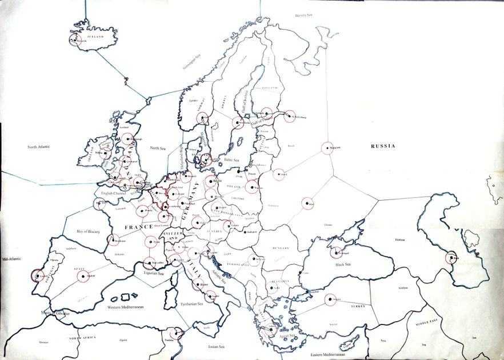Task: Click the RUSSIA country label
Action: [383, 146]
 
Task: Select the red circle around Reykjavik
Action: [75, 39]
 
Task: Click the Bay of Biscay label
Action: [88, 231]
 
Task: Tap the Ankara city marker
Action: [331, 299]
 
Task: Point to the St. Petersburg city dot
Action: [289, 116]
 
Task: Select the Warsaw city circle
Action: [252, 186]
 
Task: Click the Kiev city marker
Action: [307, 204]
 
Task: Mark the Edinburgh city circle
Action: [129, 138]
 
